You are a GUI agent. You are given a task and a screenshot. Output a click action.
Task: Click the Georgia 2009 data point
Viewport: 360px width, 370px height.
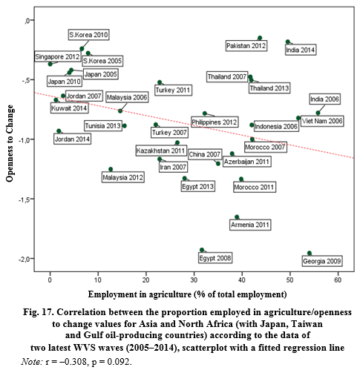pos(310,253)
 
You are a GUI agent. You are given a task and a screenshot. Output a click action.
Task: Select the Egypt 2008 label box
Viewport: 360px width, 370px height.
pos(215,258)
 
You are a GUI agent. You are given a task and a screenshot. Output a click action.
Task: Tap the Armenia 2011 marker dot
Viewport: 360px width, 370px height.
pos(237,217)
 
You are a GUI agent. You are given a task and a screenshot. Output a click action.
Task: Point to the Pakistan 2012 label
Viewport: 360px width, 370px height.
pos(246,46)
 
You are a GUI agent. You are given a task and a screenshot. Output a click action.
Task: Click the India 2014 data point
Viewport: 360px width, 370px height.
pos(288,42)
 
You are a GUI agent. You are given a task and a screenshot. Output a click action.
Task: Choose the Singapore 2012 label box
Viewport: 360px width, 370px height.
pos(57,56)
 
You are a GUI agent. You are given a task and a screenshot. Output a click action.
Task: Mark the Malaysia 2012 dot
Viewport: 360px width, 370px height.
pos(111,169)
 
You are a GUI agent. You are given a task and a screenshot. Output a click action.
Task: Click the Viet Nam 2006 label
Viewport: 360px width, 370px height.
pos(322,121)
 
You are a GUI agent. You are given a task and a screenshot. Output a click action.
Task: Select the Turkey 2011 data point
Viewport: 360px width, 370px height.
pos(160,82)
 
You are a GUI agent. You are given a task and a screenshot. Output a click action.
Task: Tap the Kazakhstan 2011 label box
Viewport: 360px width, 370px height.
pos(161,151)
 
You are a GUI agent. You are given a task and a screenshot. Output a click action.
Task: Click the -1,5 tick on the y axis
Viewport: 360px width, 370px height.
pos(24,199)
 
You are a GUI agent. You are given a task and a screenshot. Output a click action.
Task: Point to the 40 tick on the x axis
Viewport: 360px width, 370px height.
pos(242,280)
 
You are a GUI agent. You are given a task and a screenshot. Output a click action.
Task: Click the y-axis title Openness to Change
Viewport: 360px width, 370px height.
pos(10,143)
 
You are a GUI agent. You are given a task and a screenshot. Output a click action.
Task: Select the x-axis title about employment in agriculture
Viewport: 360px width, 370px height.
pos(187,294)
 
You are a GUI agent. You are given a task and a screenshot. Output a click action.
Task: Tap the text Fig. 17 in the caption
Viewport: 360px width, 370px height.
pos(39,312)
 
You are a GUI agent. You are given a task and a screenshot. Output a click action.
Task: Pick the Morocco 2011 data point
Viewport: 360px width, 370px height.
pos(241,179)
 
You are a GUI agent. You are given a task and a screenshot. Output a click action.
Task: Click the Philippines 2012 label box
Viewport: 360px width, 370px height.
pos(215,122)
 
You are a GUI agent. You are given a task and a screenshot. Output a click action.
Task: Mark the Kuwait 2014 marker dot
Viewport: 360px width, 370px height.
pos(56,100)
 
